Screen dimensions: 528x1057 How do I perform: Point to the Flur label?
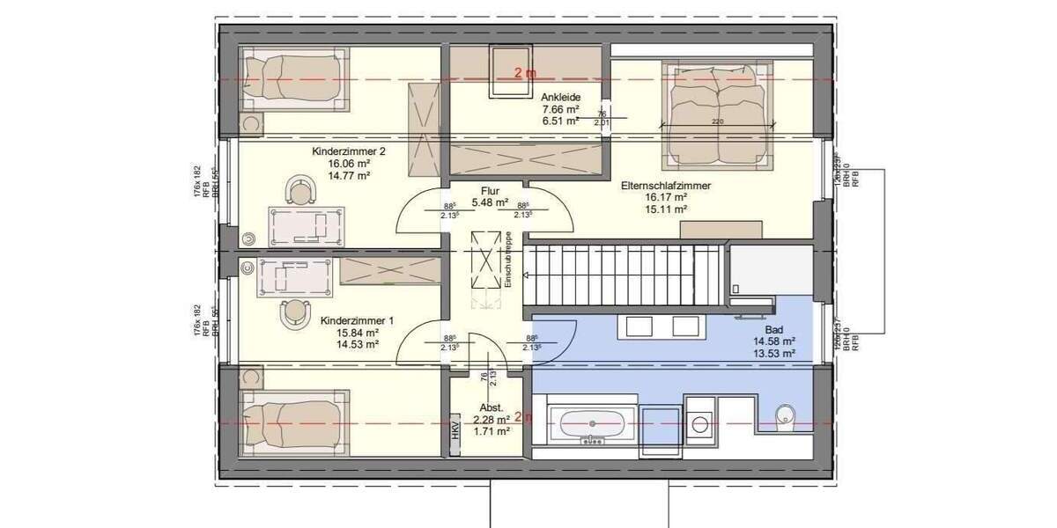[x=491, y=190]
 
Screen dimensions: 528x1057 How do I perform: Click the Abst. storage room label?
[x=492, y=408]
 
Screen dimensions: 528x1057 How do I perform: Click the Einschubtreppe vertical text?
[x=509, y=260]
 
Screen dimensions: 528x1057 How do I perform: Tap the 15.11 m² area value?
[x=665, y=209]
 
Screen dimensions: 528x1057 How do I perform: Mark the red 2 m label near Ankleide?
[x=525, y=74]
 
